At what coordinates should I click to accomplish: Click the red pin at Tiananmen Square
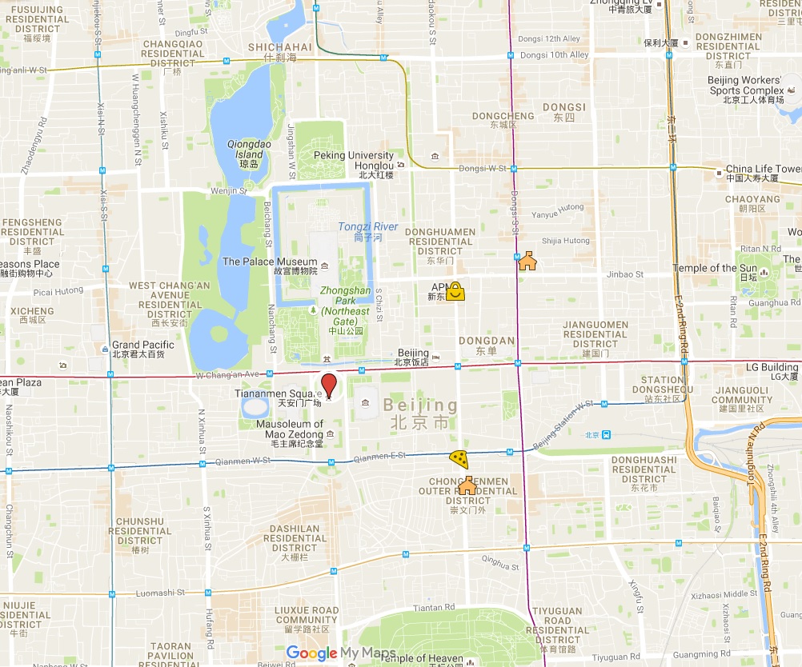(329, 384)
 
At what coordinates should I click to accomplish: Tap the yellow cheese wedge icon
(459, 458)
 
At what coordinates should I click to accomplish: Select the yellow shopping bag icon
(455, 290)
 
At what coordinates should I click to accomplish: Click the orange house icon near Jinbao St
(527, 261)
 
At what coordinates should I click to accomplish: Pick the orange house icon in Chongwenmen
(467, 485)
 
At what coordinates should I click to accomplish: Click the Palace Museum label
(270, 262)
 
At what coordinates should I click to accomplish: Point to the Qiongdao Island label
(245, 149)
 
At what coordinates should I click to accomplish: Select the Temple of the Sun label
(715, 268)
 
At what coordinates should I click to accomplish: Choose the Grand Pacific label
(143, 345)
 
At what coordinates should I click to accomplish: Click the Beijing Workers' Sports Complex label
(745, 86)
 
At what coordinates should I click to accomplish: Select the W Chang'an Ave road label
(227, 374)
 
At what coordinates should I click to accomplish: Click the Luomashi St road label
(160, 593)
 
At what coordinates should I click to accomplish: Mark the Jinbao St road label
(625, 274)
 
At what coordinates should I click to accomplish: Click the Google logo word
(311, 653)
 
